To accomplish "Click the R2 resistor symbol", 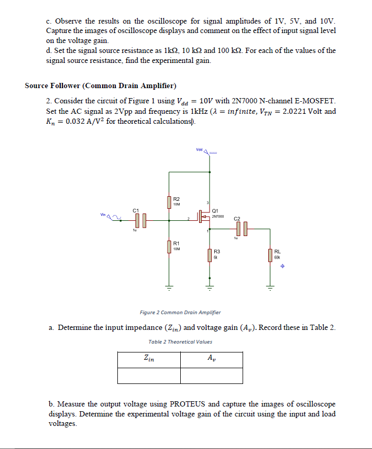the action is (x=169, y=202).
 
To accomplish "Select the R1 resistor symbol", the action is (x=169, y=246).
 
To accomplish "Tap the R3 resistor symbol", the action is (x=210, y=254).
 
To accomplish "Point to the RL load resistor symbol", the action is (x=270, y=255).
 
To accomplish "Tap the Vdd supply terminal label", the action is (x=199, y=150).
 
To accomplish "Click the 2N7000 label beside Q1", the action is (x=218, y=216).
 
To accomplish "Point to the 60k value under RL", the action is (x=277, y=258).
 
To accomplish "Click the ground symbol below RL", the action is (x=270, y=287).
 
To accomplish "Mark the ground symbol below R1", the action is (x=169, y=287).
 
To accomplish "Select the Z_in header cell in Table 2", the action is (x=149, y=359).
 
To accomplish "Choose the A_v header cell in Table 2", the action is (x=211, y=359).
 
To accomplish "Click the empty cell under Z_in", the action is (x=149, y=376).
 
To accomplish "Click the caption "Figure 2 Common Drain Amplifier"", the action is (x=180, y=313).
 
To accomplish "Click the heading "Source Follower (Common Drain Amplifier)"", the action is (x=101, y=85).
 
